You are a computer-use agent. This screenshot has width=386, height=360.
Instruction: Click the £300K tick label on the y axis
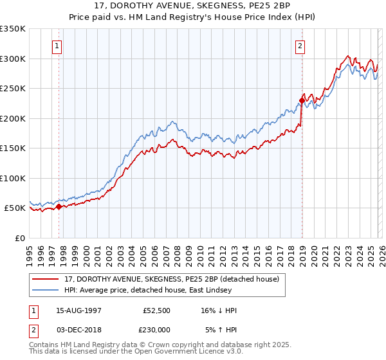13,59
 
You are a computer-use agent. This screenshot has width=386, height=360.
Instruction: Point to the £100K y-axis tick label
13,178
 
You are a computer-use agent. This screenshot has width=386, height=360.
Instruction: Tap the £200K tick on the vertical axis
13,118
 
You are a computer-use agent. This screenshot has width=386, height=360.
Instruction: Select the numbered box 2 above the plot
300,46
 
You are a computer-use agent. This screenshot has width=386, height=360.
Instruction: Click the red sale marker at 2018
302,100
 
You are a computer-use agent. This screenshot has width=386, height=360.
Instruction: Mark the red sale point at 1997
59,207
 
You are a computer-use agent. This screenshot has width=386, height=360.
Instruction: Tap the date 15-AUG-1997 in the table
78,310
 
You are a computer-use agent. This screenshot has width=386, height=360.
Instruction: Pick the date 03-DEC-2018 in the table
78,328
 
